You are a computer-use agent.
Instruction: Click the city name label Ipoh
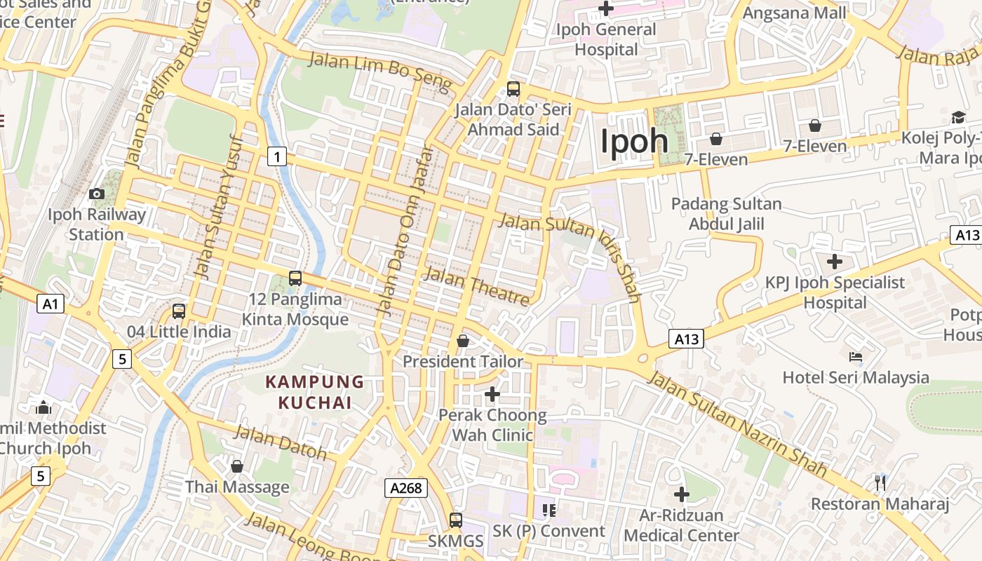click(x=634, y=141)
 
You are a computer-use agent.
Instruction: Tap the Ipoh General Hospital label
click(x=606, y=39)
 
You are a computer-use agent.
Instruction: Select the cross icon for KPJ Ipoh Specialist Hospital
click(x=835, y=262)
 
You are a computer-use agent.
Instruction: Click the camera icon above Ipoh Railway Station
click(x=97, y=194)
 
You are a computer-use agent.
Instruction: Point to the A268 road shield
click(x=406, y=487)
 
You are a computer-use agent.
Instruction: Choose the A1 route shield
click(x=50, y=304)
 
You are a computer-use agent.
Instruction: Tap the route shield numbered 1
click(x=277, y=156)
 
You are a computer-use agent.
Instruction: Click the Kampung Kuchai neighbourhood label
click(x=315, y=392)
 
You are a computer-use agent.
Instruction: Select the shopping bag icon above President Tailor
click(x=463, y=341)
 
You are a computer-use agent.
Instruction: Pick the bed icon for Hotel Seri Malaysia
click(x=856, y=357)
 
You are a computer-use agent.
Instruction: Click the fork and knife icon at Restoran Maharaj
click(x=880, y=482)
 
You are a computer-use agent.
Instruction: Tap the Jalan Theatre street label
click(x=476, y=285)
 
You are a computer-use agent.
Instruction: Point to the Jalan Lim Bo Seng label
click(x=379, y=72)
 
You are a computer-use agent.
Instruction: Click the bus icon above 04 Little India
click(x=179, y=311)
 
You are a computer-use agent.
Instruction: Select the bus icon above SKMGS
click(x=456, y=520)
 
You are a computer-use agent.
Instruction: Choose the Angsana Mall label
click(x=794, y=13)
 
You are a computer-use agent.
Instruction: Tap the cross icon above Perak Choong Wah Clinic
click(x=492, y=394)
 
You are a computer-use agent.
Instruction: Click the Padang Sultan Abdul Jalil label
click(x=726, y=214)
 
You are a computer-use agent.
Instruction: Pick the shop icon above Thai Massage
click(x=237, y=466)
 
